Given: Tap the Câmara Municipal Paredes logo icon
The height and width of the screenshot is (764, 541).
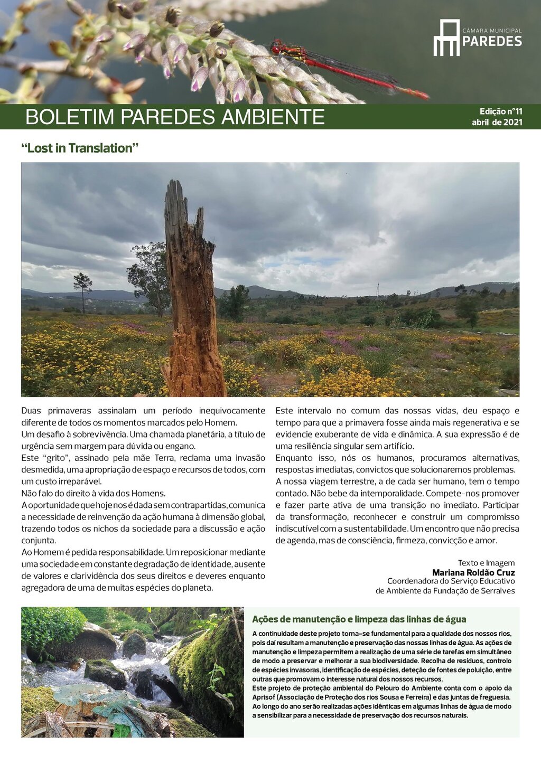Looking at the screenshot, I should click(446, 38).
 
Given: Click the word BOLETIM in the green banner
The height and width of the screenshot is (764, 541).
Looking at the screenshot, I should click(70, 117).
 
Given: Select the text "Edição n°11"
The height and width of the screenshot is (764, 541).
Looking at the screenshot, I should click(500, 111).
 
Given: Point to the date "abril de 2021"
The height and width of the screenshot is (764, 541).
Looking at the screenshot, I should click(497, 122).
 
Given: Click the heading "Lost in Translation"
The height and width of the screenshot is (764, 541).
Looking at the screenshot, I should click(80, 148).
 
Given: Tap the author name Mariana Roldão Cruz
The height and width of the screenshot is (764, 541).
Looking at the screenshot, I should click(473, 572).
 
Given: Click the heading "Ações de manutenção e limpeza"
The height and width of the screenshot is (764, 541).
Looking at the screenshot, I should click(359, 619).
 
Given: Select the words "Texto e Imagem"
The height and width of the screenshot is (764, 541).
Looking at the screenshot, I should click(486, 563).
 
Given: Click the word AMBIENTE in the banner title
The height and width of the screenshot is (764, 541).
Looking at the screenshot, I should click(273, 117).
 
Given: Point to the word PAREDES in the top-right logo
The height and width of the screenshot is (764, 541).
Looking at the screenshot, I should click(492, 42).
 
